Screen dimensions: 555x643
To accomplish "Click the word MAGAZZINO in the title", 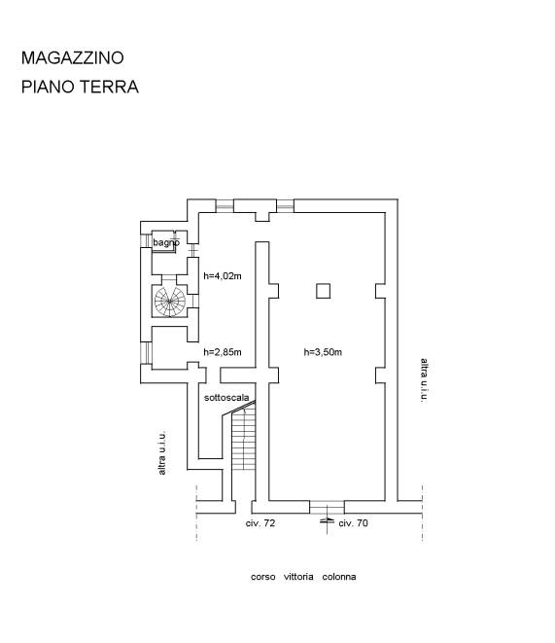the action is point(73,57).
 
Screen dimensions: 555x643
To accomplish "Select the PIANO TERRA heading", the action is point(80,87).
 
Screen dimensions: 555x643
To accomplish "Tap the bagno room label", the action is point(166,242).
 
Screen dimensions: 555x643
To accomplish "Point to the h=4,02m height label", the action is point(223,276).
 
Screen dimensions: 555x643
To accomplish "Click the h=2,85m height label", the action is point(223,352).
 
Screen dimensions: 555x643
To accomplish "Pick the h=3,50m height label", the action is point(323,352).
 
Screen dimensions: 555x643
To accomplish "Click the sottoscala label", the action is point(226,397).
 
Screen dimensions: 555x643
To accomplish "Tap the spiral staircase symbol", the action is point(170,302).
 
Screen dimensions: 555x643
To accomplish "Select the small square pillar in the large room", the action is point(323,291).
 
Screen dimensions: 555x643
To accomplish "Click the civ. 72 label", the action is point(260,523).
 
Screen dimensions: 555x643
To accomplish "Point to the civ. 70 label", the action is point(353,523).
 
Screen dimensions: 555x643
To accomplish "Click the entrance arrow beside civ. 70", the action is point(327,520).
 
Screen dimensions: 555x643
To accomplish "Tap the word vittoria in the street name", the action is point(298,577).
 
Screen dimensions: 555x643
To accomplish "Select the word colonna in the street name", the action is point(339,577).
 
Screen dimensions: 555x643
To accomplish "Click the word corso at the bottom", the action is point(263,577).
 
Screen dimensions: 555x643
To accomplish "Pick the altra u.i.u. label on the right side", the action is point(425,380).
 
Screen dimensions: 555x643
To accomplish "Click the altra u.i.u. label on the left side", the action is point(162,452).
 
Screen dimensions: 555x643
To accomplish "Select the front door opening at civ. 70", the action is point(327,507).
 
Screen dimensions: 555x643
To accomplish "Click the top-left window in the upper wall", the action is point(225,205).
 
